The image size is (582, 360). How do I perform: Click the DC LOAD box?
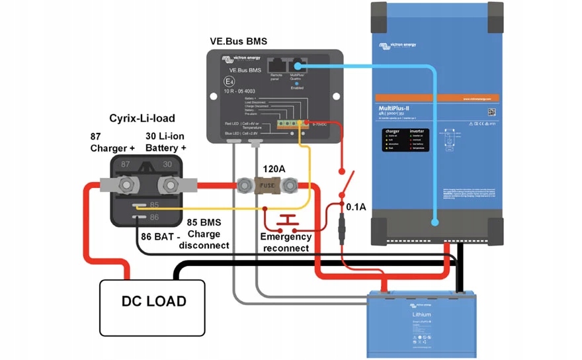pos(153,301)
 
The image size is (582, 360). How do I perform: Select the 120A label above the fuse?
pos(274,169)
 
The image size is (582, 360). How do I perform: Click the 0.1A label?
pos(356,207)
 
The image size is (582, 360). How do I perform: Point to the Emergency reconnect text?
pos(285,242)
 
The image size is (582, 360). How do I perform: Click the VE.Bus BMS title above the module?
pos(236,42)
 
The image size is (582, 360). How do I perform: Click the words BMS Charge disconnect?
pos(204,234)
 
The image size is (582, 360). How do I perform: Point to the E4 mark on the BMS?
pos(229,83)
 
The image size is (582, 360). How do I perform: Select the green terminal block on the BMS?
pos(286,123)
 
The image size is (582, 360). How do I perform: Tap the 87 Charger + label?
pos(112,142)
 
